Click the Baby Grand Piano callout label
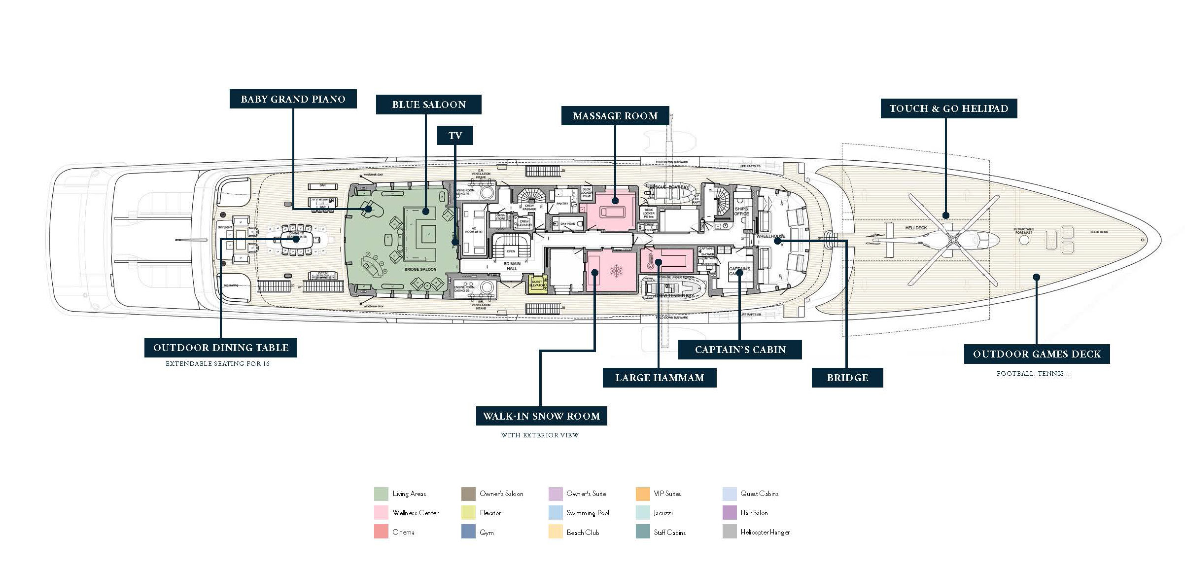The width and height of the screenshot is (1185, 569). pyautogui.click(x=293, y=99)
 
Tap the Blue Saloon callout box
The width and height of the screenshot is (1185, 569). pyautogui.click(x=428, y=105)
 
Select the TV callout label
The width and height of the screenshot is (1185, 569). pyautogui.click(x=455, y=136)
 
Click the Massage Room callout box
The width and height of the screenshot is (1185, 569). pyautogui.click(x=615, y=116)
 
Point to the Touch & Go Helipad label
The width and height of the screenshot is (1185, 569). pyautogui.click(x=948, y=108)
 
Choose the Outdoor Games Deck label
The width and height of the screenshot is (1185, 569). pyautogui.click(x=1037, y=354)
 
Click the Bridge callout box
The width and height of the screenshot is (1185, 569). pyautogui.click(x=847, y=378)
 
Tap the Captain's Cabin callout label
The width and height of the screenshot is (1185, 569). pyautogui.click(x=740, y=350)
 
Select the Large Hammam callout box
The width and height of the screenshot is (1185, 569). pyautogui.click(x=659, y=378)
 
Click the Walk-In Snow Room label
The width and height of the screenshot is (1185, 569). pyautogui.click(x=541, y=416)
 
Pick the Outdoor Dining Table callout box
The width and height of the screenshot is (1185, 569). pyautogui.click(x=220, y=348)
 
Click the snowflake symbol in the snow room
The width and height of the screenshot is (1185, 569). pyautogui.click(x=616, y=271)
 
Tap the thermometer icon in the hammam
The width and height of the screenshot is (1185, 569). pyautogui.click(x=651, y=261)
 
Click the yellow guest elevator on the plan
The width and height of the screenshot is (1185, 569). pyautogui.click(x=537, y=284)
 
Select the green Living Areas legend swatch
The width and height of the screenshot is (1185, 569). pyautogui.click(x=381, y=494)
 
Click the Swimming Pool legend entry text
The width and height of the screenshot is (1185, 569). pyautogui.click(x=588, y=513)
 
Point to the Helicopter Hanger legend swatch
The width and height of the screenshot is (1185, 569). pyautogui.click(x=730, y=532)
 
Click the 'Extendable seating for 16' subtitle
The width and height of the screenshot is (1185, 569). pyautogui.click(x=217, y=364)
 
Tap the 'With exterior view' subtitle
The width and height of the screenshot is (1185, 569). pyautogui.click(x=540, y=435)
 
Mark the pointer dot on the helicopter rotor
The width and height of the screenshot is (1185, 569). pyautogui.click(x=945, y=215)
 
